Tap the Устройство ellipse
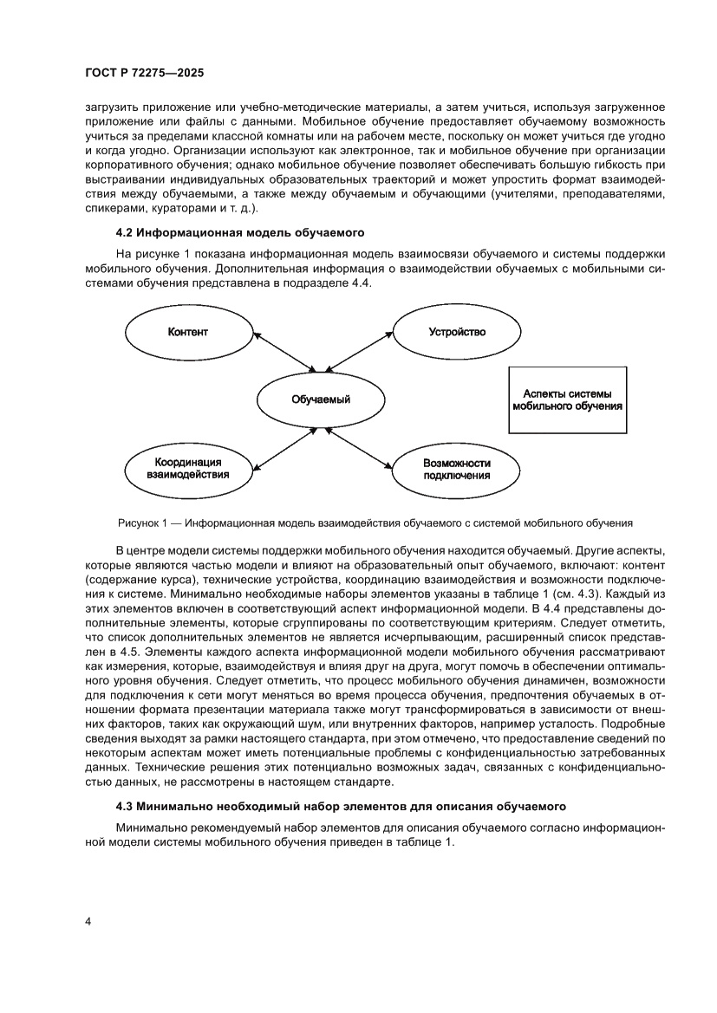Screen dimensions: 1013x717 click(457, 332)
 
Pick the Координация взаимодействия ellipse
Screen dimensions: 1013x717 click(188, 468)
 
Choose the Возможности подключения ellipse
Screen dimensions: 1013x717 click(457, 469)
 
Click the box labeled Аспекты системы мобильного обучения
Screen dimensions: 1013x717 click(568, 399)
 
